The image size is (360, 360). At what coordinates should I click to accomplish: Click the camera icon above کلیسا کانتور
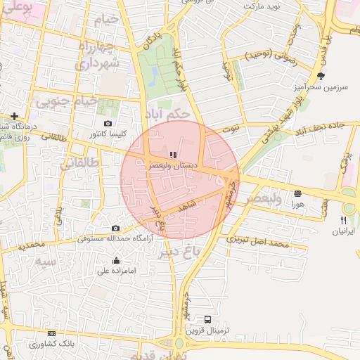point(108,123)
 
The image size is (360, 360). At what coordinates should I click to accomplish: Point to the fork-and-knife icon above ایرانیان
point(343,220)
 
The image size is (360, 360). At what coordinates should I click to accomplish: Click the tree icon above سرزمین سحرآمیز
point(321,76)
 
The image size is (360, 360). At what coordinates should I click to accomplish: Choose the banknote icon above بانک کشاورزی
point(51,334)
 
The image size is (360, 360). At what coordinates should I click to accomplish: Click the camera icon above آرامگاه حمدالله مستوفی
point(115,229)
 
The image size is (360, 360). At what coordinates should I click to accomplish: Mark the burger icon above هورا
point(297,193)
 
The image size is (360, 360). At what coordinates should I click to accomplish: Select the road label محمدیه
point(32,246)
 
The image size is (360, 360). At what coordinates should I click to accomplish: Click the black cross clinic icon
point(14,116)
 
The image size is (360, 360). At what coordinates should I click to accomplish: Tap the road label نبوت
point(229,129)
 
